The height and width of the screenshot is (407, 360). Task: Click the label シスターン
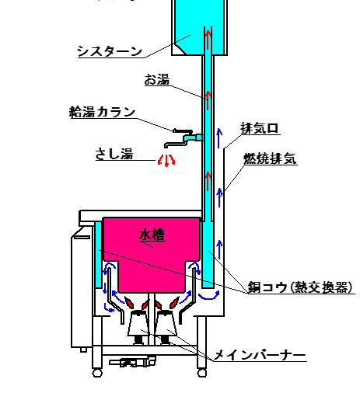pos(110,51)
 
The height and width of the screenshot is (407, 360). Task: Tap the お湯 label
pos(157,79)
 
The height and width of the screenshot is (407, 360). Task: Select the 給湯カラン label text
pos(102,112)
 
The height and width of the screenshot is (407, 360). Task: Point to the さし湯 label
pos(114,154)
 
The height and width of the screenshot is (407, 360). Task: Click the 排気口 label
pos(260,128)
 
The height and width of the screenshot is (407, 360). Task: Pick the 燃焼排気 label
pos(270,158)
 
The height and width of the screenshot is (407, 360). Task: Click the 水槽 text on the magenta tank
pos(152,235)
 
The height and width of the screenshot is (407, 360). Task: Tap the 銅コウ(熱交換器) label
pos(300,287)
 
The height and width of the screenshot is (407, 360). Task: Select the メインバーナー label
pos(260,354)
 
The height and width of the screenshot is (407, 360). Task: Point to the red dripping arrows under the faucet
pos(166,161)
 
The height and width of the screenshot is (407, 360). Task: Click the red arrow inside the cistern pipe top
pos(208,40)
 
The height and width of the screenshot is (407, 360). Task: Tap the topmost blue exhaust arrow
pos(219,138)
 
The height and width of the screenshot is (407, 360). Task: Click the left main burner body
pos(138,323)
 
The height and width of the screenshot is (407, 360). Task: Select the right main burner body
pos(166,323)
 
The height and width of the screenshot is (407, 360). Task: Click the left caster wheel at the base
pos(97,374)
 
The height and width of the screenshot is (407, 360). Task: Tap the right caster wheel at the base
pos(202,374)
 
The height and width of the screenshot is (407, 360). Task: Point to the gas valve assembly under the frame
pos(132,362)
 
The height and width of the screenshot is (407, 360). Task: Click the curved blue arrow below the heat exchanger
pos(209,296)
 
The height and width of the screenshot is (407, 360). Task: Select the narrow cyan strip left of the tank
pos(98,255)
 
